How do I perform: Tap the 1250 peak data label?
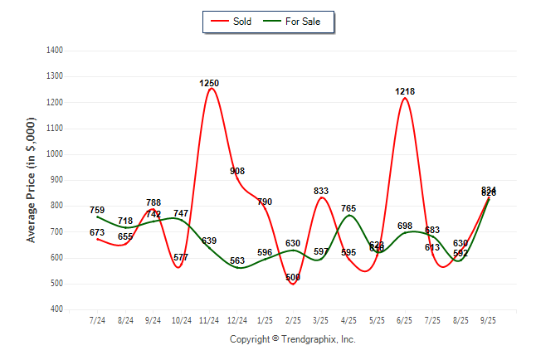[209, 83]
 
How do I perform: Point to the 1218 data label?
[405, 91]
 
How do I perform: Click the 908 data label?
[237, 171]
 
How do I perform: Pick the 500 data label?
[293, 278]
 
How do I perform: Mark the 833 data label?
[321, 191]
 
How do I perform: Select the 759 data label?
[97, 211]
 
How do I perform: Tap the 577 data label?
[181, 257]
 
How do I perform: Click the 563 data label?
[237, 260]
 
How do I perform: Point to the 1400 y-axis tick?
[56, 51]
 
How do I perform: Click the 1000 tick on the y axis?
[56, 154]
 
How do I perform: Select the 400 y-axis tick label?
[57, 309]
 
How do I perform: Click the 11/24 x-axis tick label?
[209, 320]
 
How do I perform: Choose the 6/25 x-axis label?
[405, 320]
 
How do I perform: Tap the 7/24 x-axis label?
[97, 320]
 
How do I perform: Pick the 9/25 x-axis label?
[489, 320]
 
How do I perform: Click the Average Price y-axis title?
[32, 179]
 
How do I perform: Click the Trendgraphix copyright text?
[293, 339]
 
